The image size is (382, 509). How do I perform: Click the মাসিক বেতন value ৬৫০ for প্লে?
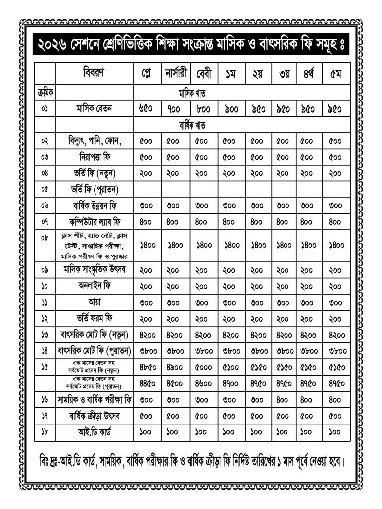coord(147,108)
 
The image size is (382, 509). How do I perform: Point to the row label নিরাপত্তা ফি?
coord(94,157)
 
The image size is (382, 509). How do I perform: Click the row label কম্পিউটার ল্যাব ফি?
coord(94,222)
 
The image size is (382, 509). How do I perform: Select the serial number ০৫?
coord(45,189)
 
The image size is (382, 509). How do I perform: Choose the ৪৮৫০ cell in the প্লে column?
coord(147,368)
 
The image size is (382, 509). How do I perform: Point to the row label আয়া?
coord(94,302)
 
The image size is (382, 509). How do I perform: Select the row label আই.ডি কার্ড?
coord(94,431)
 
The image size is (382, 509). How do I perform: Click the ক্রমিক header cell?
coord(45,93)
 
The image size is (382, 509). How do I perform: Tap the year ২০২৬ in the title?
coord(54,47)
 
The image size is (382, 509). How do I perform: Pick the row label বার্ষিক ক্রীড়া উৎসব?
coord(94,415)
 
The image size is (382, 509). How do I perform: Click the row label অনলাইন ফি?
coord(94,286)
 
